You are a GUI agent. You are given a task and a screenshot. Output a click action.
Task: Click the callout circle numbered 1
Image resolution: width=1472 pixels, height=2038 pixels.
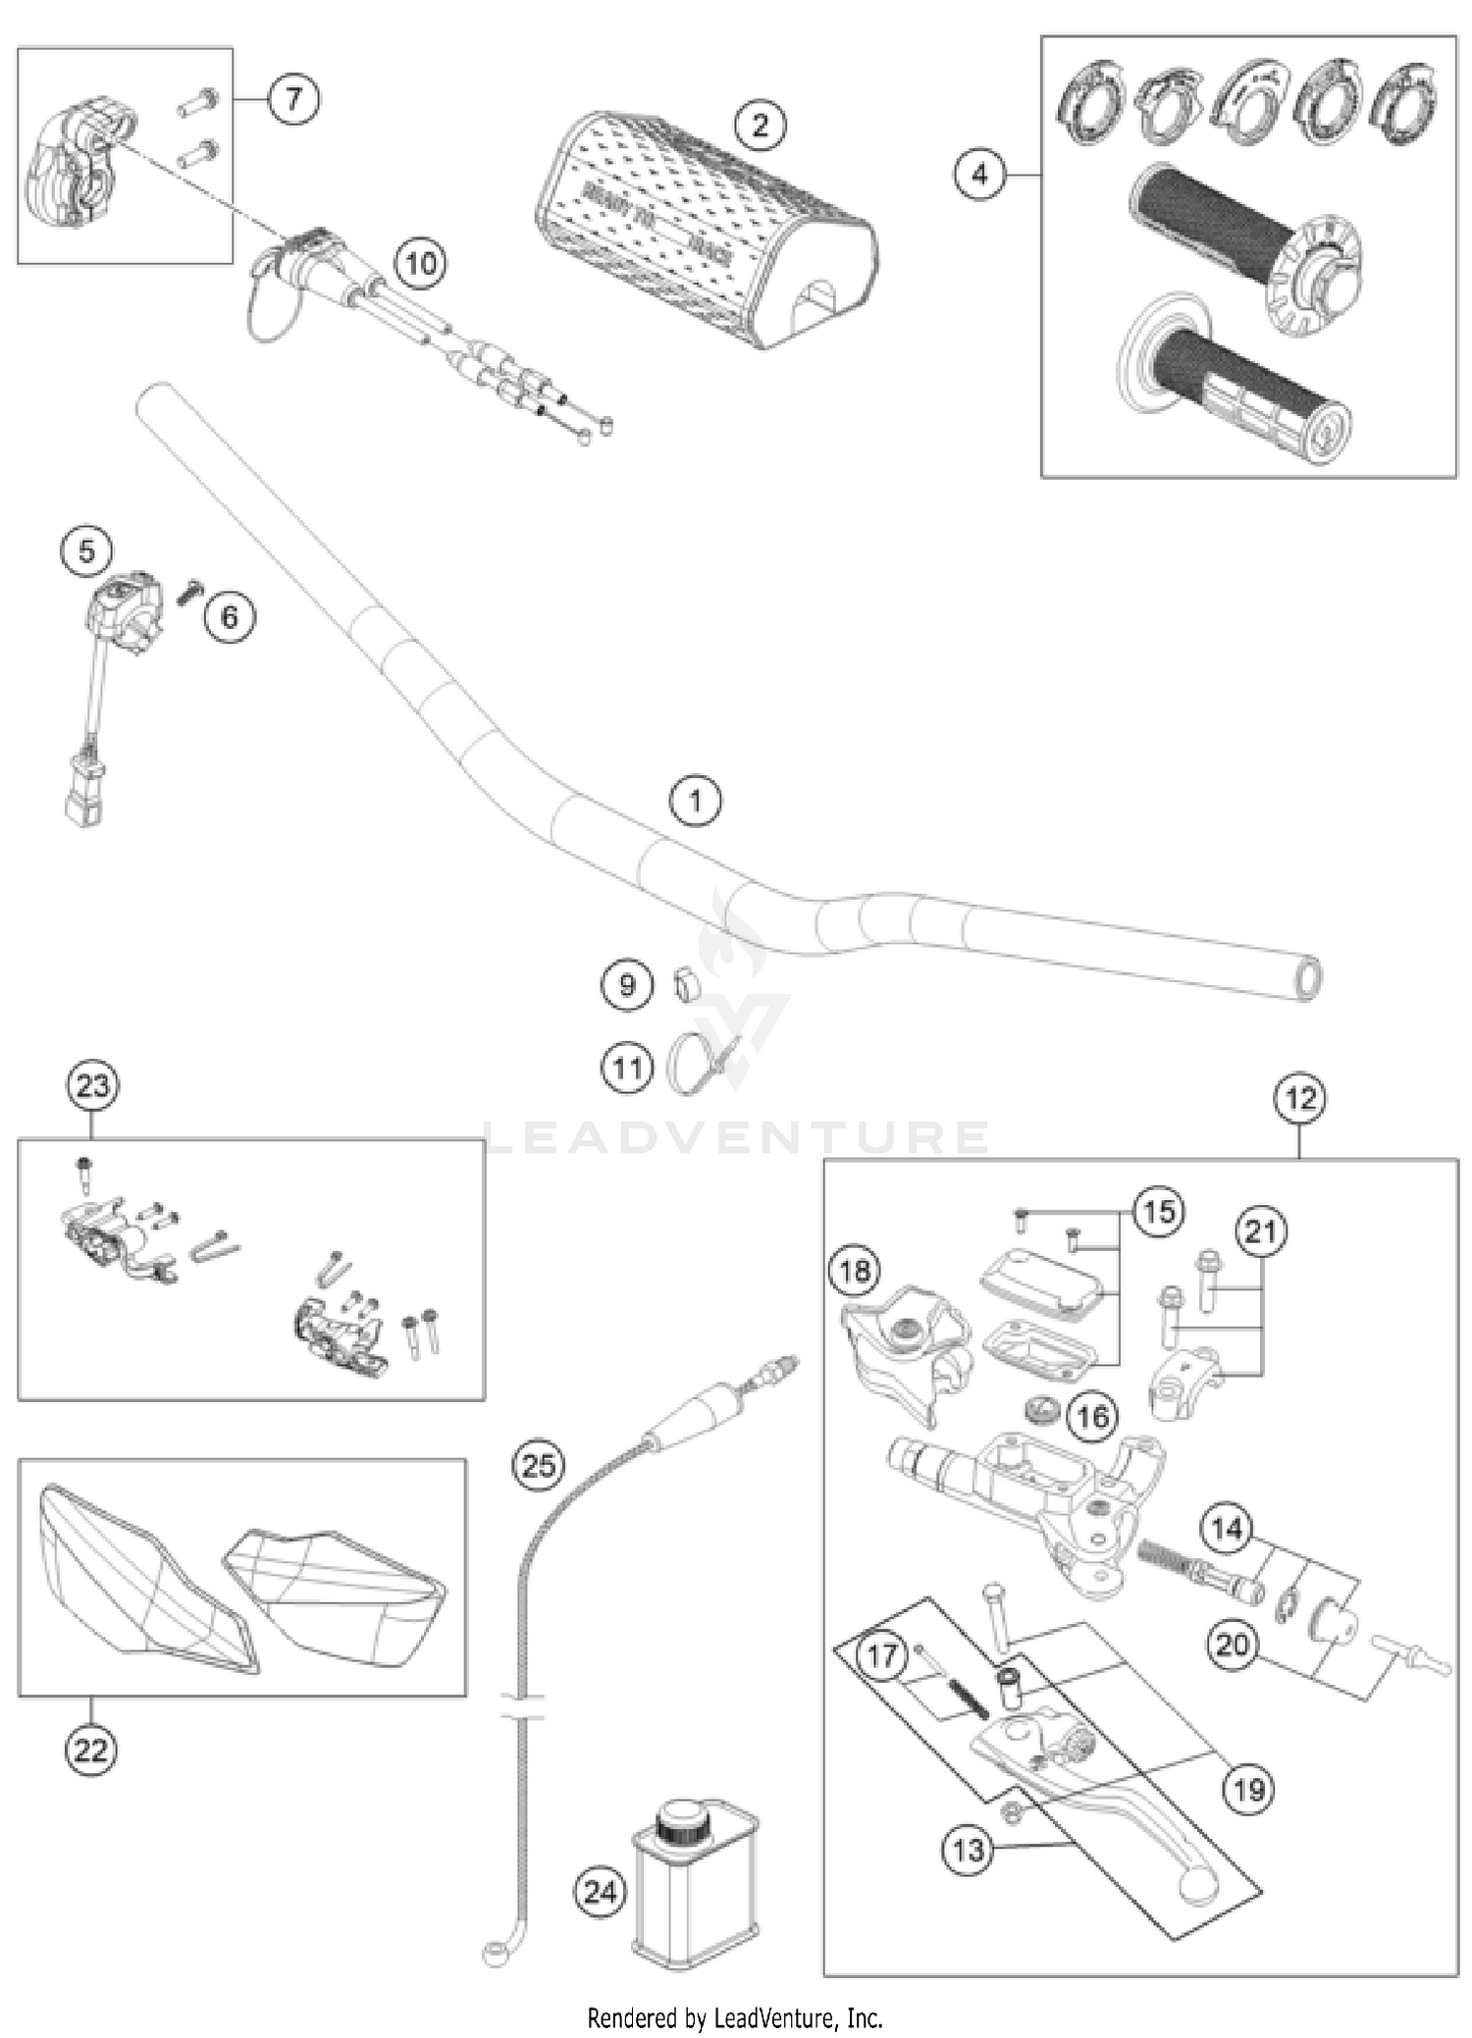click(695, 801)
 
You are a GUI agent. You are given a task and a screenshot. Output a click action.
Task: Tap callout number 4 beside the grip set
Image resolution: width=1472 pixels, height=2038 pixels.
click(979, 175)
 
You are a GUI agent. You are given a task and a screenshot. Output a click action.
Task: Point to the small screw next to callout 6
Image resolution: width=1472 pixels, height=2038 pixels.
click(189, 591)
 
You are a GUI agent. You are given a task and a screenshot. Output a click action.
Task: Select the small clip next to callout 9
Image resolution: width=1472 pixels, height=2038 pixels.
click(686, 984)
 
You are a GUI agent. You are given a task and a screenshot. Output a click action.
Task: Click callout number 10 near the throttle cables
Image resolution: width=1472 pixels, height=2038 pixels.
click(421, 263)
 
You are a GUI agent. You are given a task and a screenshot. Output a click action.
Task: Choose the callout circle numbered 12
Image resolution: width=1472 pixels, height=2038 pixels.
click(1299, 1098)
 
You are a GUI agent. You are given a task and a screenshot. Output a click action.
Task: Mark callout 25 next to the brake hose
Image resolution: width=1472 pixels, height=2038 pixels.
click(539, 1465)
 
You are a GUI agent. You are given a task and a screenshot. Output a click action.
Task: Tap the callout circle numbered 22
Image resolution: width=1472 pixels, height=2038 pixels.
click(91, 1750)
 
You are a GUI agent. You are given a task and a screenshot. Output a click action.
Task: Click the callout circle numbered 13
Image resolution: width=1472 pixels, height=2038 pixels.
click(968, 1851)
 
